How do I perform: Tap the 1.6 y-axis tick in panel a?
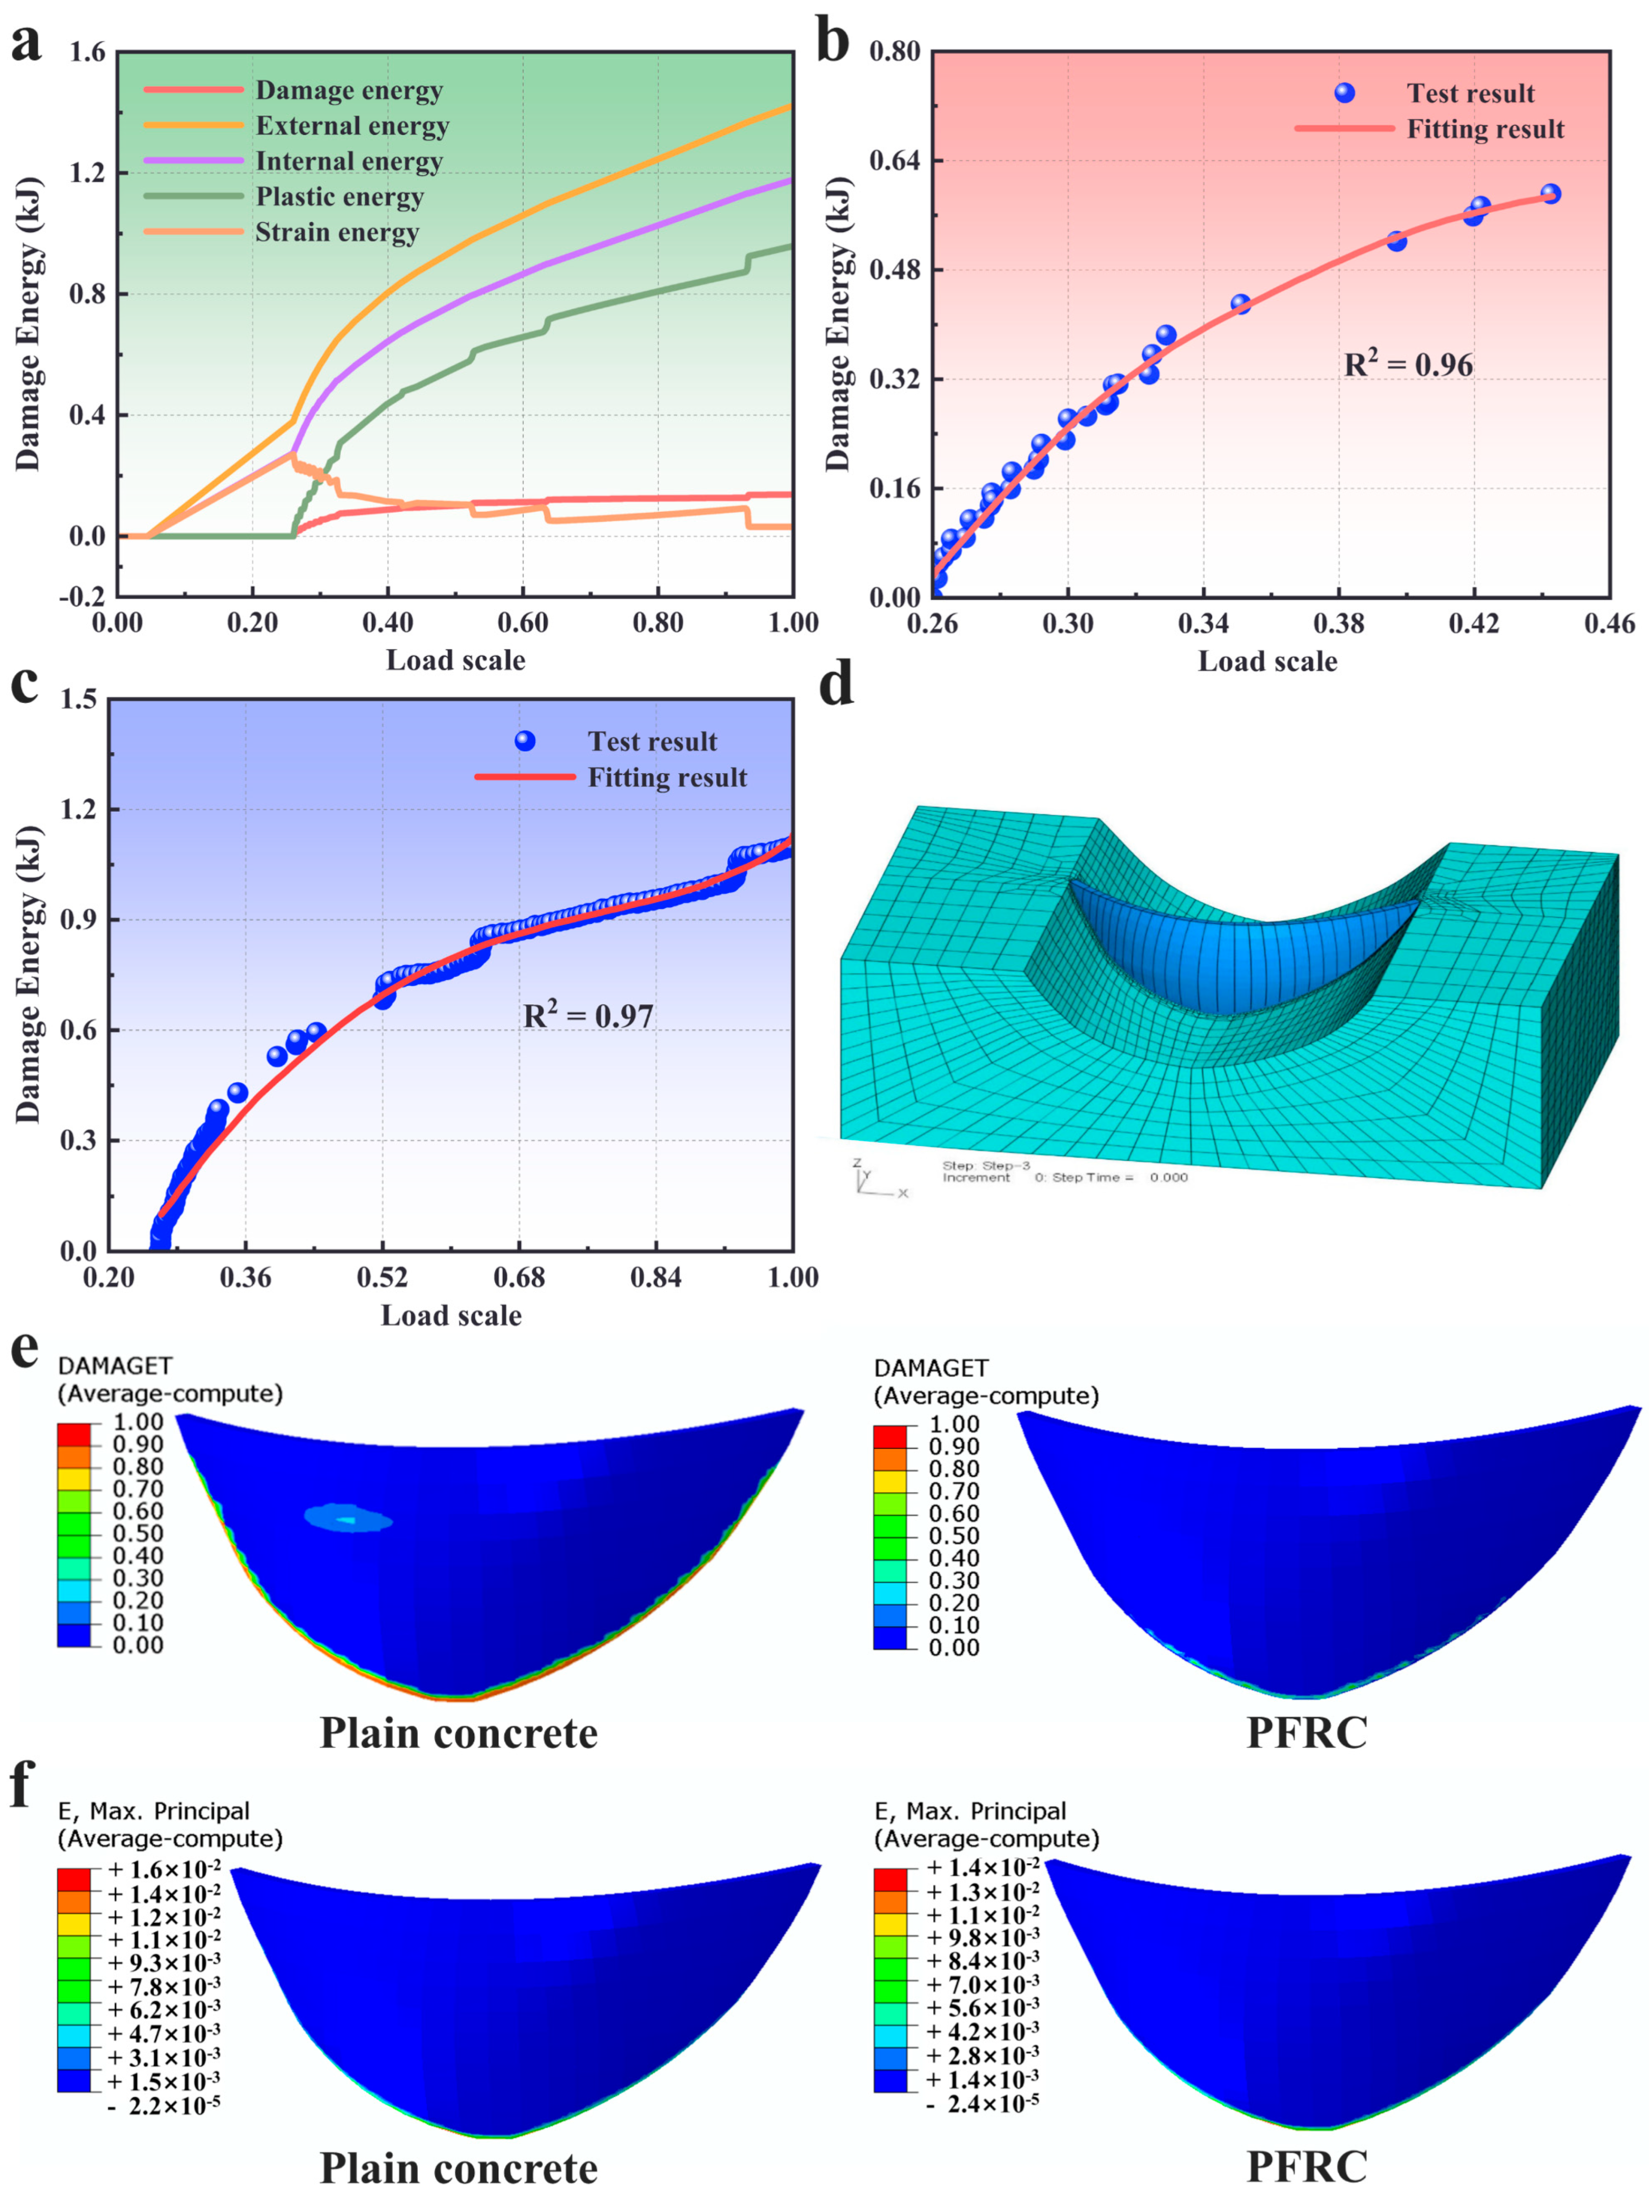87,52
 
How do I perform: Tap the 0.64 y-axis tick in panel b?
893,160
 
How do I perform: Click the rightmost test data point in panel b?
1550,194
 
